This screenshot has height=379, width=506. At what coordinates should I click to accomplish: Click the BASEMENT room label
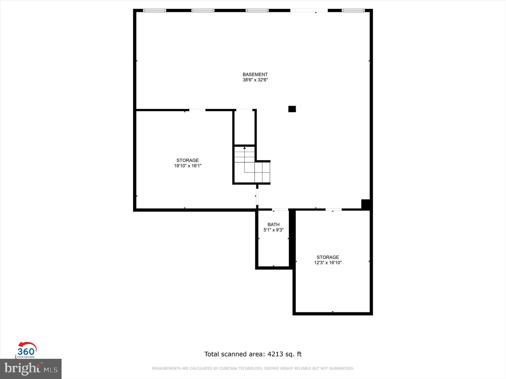[255, 74]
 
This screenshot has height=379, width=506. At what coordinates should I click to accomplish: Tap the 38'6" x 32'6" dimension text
[255, 80]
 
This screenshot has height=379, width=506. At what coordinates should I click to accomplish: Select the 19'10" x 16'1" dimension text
[188, 166]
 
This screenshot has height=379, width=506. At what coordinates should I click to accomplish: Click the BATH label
[273, 225]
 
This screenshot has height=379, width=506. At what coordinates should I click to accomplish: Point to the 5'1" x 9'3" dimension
[273, 230]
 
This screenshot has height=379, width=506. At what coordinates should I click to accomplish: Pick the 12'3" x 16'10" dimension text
[328, 262]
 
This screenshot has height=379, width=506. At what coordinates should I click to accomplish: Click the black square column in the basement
[292, 109]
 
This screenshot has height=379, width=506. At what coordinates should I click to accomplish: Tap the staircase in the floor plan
[252, 167]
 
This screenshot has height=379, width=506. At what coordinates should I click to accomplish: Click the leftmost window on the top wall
[154, 11]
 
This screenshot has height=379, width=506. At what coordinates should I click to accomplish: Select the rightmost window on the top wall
[353, 11]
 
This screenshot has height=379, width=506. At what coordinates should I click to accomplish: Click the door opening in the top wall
[309, 11]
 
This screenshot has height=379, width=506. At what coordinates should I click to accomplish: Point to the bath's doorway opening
[280, 209]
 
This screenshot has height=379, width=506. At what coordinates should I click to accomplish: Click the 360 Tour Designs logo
[26, 350]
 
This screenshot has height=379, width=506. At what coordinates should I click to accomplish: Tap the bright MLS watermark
[31, 369]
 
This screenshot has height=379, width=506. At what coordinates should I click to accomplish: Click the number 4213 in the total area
[275, 354]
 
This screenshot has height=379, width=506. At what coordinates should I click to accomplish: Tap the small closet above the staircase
[244, 127]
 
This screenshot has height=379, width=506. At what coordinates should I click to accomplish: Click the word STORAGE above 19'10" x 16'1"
[188, 160]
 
